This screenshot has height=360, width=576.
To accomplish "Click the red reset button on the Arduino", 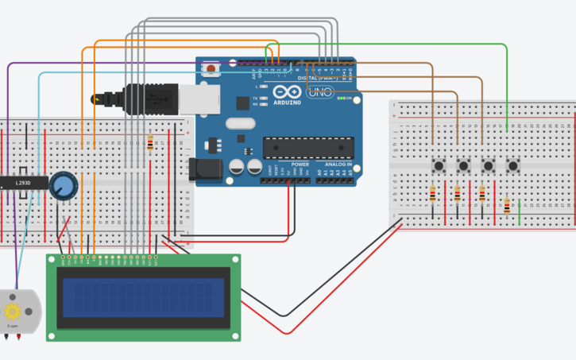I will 211,69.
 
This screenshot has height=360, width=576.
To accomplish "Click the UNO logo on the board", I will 320,92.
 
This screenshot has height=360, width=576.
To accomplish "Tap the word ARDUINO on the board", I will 287,103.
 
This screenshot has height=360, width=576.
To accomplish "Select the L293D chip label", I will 24,184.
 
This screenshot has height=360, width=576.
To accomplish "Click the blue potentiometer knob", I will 63,187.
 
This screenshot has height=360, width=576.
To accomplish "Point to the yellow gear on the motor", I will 13,310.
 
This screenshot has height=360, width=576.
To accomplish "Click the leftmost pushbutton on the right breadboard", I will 439,165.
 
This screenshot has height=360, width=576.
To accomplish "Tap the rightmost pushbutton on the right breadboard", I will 513,165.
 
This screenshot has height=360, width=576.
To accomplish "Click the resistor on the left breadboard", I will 150,144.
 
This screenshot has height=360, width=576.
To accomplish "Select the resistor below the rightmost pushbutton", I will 507,206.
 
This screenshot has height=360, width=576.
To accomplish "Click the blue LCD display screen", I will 142,296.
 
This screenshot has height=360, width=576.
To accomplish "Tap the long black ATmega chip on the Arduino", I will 308,148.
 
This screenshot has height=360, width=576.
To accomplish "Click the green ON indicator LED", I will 341,99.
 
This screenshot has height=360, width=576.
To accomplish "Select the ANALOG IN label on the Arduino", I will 338,165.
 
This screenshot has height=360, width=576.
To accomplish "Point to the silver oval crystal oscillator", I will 239,123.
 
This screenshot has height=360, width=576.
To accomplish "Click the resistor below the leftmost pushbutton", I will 432,195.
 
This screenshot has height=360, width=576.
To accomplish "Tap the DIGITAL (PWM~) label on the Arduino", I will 316,78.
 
